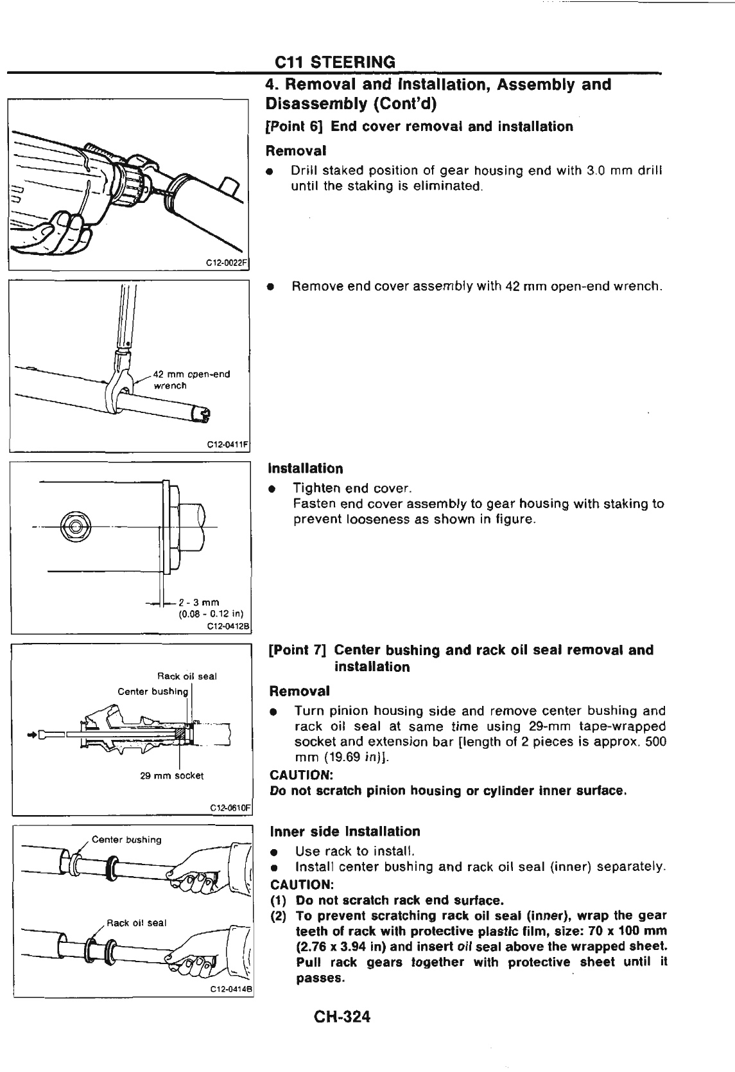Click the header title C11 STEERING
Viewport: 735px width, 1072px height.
(334, 62)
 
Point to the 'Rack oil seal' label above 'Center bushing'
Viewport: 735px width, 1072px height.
(187, 676)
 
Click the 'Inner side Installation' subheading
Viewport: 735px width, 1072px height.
(345, 831)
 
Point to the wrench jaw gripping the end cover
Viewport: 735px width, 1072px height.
(119, 392)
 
